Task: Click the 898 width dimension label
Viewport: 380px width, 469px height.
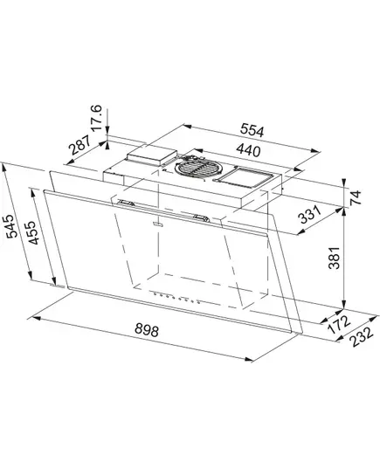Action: click(x=146, y=330)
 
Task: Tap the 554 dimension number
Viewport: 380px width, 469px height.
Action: click(x=252, y=130)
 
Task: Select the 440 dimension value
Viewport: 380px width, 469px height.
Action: click(x=248, y=150)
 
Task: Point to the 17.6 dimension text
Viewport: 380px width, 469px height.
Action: click(x=97, y=118)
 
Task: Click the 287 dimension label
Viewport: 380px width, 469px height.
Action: click(x=79, y=145)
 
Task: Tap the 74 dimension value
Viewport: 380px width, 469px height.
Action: click(x=356, y=197)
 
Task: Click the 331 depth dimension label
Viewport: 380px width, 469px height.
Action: click(x=311, y=214)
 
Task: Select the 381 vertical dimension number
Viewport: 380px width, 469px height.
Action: click(x=335, y=258)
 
